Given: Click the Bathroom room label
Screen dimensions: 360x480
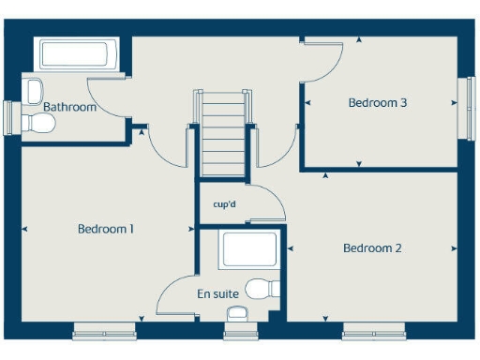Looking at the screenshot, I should [x=70, y=107].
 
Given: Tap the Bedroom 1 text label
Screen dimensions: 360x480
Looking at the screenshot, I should [x=106, y=228].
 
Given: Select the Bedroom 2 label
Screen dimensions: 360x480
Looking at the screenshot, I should [x=372, y=248].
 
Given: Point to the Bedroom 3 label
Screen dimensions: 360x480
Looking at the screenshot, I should [x=377, y=103].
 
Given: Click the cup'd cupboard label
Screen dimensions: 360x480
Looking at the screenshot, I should [x=224, y=203].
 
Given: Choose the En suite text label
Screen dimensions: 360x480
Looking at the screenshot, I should [x=217, y=293].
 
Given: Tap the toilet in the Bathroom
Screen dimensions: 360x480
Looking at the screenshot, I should [x=34, y=92].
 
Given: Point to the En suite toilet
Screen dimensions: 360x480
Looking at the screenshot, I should [x=262, y=287].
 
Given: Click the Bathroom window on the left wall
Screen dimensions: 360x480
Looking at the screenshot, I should [x=9, y=119].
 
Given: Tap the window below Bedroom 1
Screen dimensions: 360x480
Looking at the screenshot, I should [x=106, y=331].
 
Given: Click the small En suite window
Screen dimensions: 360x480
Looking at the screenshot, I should [x=239, y=331].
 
